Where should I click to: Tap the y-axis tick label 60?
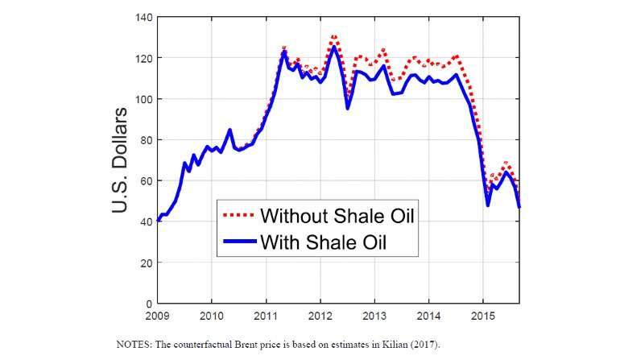click(145, 181)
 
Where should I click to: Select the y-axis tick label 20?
click(145, 263)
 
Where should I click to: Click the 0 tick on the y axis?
click(148, 304)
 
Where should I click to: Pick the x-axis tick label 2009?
click(157, 315)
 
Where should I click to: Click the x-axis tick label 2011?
click(266, 315)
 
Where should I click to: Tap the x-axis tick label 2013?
click(374, 315)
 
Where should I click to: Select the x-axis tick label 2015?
click(483, 315)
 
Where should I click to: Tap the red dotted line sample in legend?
click(238, 215)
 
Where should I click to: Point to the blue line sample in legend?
click(238, 241)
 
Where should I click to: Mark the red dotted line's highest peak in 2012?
click(333, 36)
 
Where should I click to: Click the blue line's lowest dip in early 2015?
click(488, 205)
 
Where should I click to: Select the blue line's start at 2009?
click(158, 220)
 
